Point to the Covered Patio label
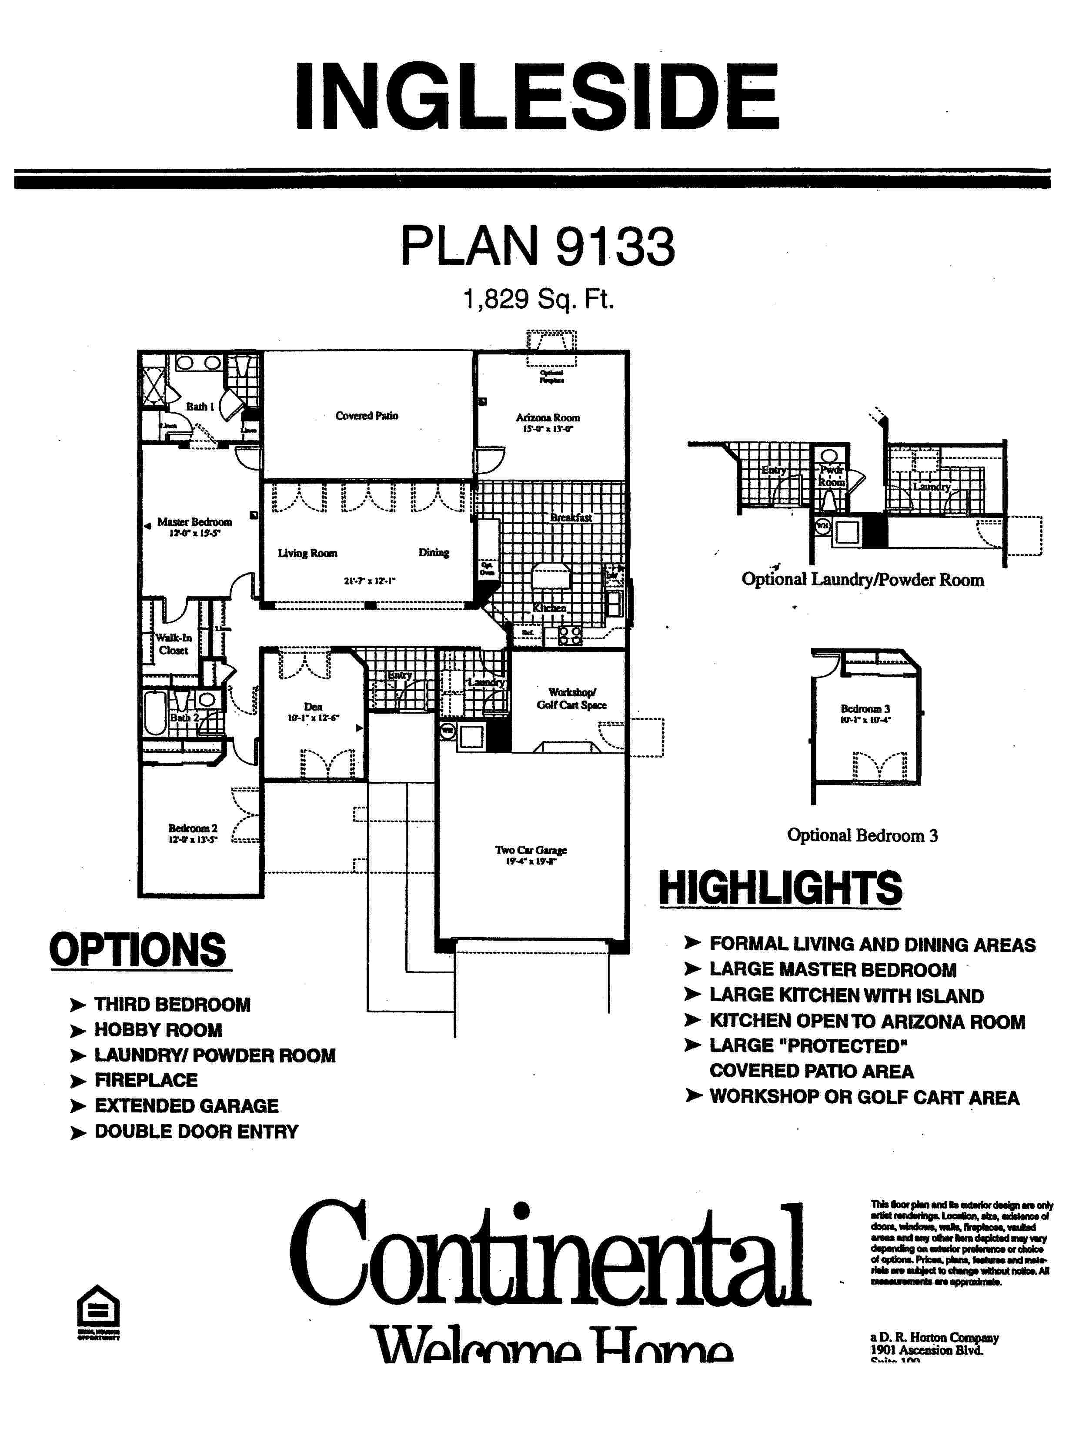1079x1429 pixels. point(366,415)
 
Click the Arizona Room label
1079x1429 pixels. point(547,418)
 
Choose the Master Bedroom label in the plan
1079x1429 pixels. point(194,522)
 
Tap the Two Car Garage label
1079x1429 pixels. point(531,850)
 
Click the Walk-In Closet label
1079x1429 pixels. point(173,644)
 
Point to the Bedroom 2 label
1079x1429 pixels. point(193,828)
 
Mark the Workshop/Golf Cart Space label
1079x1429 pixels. point(571,698)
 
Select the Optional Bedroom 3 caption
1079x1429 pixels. point(862,835)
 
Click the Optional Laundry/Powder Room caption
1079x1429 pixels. point(862,580)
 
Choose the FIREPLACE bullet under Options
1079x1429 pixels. point(146,1080)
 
